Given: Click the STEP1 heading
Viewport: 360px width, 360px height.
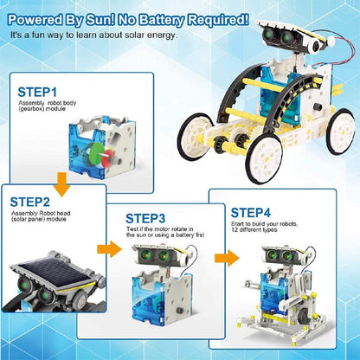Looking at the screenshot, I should click(37, 91).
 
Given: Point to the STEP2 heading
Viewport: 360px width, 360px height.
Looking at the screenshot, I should click(30, 202).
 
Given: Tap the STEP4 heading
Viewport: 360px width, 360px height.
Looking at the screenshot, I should click(251, 210).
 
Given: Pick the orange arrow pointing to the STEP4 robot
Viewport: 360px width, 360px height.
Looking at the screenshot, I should click(223, 258).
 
